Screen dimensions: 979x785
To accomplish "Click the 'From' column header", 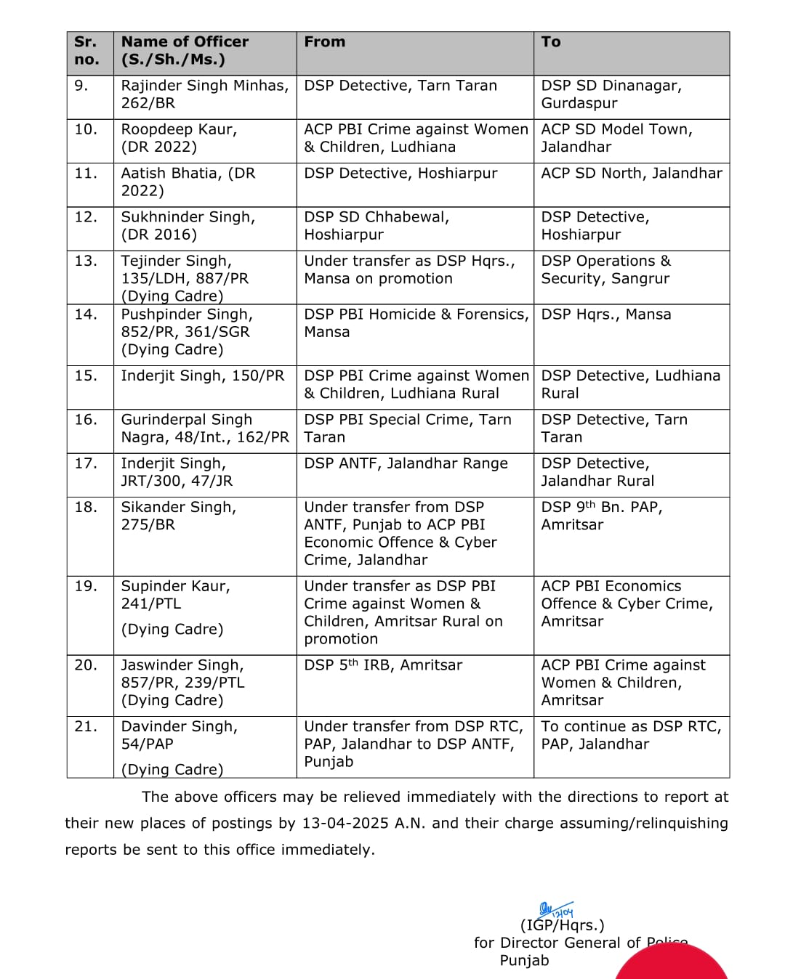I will click(x=325, y=42).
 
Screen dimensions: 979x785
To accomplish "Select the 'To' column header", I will click(x=551, y=42).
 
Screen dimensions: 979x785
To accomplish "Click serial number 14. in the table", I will click(x=86, y=314).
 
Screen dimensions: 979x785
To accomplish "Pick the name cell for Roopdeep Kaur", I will click(x=179, y=138).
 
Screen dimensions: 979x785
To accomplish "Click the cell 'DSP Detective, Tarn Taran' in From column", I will click(x=400, y=86).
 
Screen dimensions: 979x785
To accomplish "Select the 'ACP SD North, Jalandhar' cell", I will click(x=632, y=173).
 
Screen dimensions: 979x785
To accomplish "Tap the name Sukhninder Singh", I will click(x=188, y=217).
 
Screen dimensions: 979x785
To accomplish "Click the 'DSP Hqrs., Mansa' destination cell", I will click(x=606, y=314).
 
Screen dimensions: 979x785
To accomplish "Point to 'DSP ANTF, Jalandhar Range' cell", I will click(x=406, y=463).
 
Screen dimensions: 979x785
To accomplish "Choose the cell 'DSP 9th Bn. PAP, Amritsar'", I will click(x=602, y=516).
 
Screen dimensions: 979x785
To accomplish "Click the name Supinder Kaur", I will click(x=175, y=586).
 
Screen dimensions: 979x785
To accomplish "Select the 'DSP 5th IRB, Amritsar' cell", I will click(x=383, y=665).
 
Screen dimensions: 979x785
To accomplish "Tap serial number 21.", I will click(x=86, y=726).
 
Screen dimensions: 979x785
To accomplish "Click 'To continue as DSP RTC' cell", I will click(x=631, y=735).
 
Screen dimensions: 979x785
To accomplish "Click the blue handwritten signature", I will click(x=556, y=911).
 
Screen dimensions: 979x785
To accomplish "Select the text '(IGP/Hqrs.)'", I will click(x=562, y=925).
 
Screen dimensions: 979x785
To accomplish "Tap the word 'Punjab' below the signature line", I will click(x=524, y=960).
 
